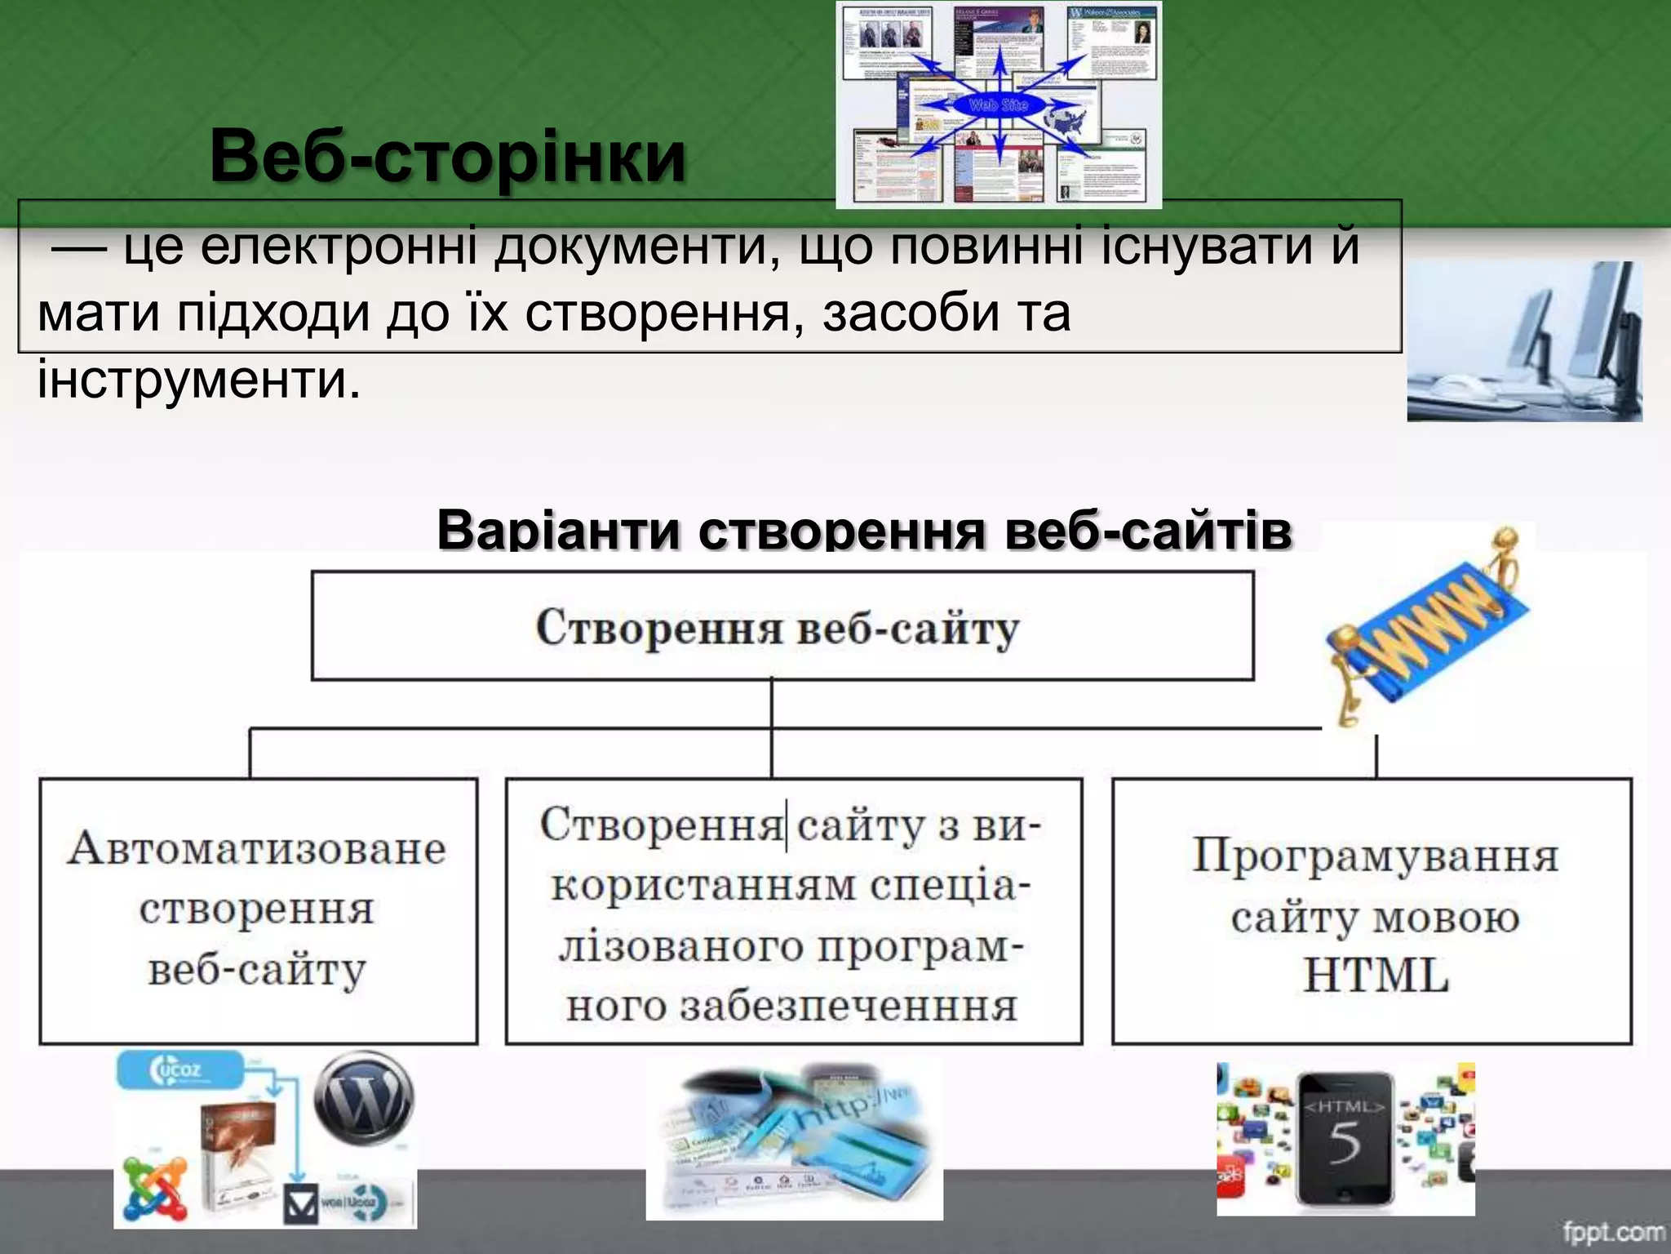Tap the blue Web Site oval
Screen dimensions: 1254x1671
pos(998,105)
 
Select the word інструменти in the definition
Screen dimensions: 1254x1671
pos(198,380)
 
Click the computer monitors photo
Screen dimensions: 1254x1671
pos(1524,341)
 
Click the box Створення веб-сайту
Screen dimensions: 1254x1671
pos(782,626)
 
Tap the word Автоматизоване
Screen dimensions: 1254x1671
pos(257,848)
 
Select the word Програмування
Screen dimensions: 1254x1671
pos(1376,856)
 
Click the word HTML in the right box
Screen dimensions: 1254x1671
pos(1376,975)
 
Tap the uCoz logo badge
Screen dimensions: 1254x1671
pos(180,1069)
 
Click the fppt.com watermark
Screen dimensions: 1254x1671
pos(1614,1231)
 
